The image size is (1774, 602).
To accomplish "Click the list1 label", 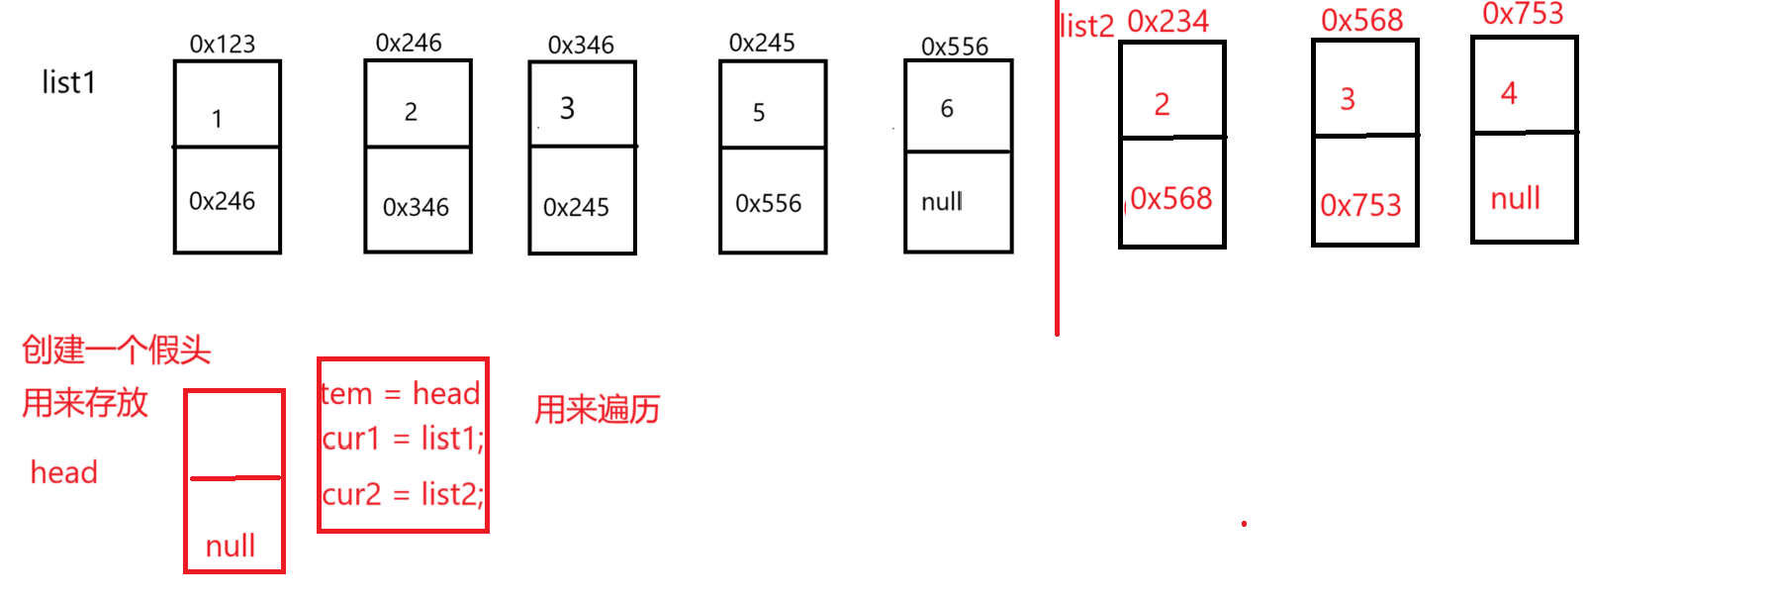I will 68,82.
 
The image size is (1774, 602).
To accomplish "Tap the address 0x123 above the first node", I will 223,45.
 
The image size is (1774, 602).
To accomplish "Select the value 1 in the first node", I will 217,120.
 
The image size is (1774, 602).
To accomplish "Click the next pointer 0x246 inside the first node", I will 222,202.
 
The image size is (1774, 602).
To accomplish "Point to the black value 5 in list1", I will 759,113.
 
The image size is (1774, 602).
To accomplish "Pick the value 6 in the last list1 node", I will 947,109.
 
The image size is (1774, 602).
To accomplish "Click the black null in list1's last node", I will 941,202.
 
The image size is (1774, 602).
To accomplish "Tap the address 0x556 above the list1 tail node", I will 955,47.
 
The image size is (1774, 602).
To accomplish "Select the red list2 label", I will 1086,26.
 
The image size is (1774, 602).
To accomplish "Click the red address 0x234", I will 1167,22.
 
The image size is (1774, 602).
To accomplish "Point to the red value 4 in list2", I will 1509,94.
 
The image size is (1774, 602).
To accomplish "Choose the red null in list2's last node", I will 1515,199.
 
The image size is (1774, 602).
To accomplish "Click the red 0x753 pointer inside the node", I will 1360,205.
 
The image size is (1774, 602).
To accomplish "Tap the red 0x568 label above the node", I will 1361,21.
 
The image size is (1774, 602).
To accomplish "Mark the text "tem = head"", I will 401,394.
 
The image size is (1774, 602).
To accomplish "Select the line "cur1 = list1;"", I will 403,438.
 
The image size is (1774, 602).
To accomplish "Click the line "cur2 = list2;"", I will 403,493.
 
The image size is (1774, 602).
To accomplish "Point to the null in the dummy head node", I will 231,546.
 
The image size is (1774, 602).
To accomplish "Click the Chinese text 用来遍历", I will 597,410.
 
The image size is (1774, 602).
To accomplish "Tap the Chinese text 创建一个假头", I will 116,350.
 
